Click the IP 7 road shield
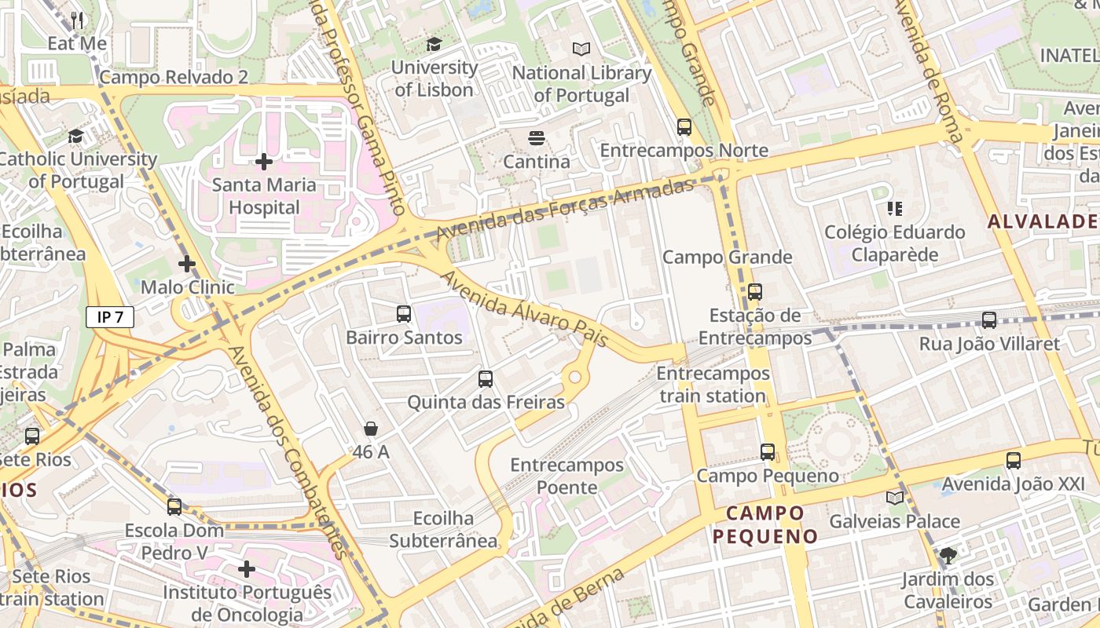pyautogui.click(x=110, y=317)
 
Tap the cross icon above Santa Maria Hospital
pyautogui.click(x=264, y=162)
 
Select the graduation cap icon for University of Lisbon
pyautogui.click(x=434, y=44)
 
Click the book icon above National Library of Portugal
pyautogui.click(x=581, y=49)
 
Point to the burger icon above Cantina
pyautogui.click(x=537, y=139)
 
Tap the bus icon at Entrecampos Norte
pyautogui.click(x=684, y=126)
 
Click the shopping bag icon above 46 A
pyautogui.click(x=371, y=429)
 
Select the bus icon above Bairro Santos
pyautogui.click(x=404, y=314)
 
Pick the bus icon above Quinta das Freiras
pyautogui.click(x=486, y=379)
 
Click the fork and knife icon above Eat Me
pyautogui.click(x=77, y=20)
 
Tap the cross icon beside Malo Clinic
pyautogui.click(x=186, y=264)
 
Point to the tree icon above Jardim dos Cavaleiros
pyautogui.click(x=948, y=556)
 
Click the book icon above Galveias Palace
pyautogui.click(x=895, y=498)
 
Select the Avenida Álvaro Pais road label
pyautogui.click(x=524, y=309)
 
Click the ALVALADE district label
pyautogui.click(x=1042, y=221)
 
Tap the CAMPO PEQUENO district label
pyautogui.click(x=765, y=524)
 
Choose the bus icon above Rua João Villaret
pyautogui.click(x=989, y=320)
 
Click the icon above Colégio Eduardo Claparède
pyautogui.click(x=894, y=209)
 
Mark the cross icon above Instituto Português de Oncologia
pyautogui.click(x=247, y=568)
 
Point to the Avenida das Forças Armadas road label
pyautogui.click(x=566, y=210)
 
